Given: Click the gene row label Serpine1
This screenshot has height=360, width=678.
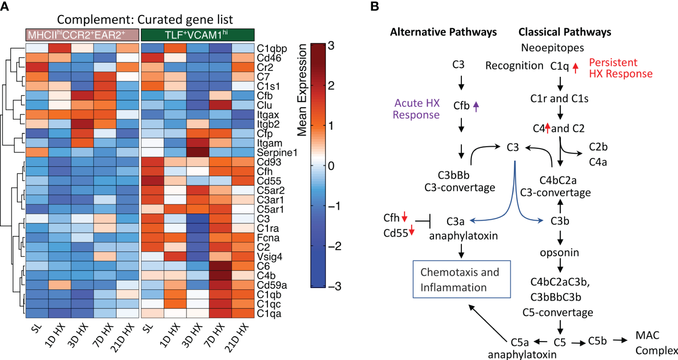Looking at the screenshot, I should (x=277, y=153).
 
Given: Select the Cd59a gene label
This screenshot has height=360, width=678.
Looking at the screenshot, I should (x=272, y=285).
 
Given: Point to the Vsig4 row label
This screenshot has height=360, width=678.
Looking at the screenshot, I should (x=269, y=257).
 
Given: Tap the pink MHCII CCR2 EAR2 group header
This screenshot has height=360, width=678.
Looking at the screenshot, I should (x=82, y=35).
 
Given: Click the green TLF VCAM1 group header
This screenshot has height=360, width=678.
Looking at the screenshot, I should (x=197, y=35).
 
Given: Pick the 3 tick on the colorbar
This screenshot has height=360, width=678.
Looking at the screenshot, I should (x=331, y=46).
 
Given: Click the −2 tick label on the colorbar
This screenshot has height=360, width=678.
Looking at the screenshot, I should (x=334, y=246).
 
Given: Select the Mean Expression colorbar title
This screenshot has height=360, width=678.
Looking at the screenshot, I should (x=302, y=90).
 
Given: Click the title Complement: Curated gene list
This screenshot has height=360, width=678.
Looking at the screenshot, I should (x=145, y=19).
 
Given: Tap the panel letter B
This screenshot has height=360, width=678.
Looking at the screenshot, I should (x=374, y=7).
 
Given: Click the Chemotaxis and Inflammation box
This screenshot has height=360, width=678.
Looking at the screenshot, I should (x=462, y=279).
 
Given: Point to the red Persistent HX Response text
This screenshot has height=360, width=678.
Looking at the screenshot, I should (x=620, y=68).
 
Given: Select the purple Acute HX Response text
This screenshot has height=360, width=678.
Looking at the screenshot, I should (x=416, y=109).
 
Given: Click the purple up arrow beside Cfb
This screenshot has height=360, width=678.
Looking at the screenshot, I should (x=476, y=106).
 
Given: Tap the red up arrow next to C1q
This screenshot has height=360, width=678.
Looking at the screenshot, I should (x=575, y=67).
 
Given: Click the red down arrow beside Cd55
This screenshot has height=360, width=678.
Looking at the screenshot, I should (x=411, y=230).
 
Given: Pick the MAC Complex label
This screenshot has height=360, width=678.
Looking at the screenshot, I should (x=655, y=343).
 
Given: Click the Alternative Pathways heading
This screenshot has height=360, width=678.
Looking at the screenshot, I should (x=443, y=32).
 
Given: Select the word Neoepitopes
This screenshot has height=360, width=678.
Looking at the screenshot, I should (x=552, y=48).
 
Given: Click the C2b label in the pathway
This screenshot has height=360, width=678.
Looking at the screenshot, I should (x=598, y=147).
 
